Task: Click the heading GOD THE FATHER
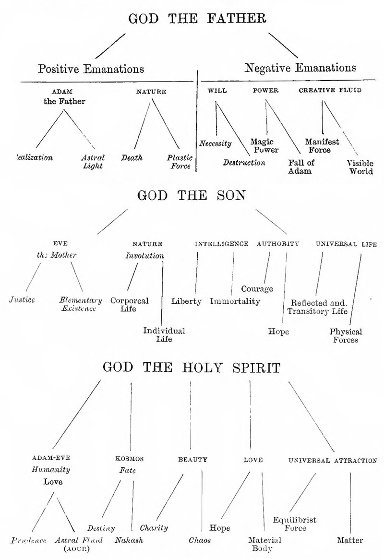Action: point(197,19)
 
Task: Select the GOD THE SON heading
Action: point(192,196)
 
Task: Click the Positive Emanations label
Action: point(91,68)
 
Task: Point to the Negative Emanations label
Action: point(300,68)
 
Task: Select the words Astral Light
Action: point(93,162)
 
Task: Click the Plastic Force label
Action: point(179,162)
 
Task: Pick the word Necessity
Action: point(216,143)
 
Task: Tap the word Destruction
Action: point(244,163)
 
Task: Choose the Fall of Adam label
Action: point(301,167)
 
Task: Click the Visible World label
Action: point(360,167)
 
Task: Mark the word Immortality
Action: point(235,301)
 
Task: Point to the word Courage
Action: point(257,289)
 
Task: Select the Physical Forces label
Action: point(346,335)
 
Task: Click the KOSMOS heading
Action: point(127,460)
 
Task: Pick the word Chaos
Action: point(200,540)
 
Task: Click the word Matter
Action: point(350,540)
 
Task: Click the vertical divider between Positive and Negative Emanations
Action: point(197,120)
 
